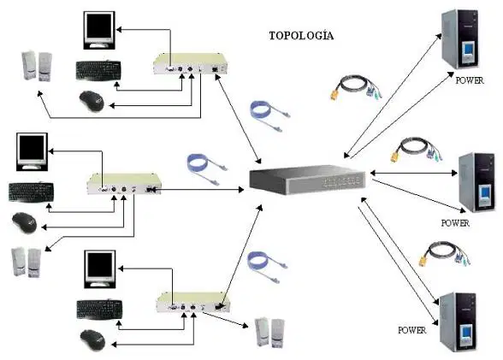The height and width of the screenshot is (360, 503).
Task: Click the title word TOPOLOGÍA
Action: coord(301,35)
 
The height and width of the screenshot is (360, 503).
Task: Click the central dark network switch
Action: coord(307,180)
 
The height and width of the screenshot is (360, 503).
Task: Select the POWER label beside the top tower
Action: coord(470,80)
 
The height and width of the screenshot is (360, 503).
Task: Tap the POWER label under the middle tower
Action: coord(455,223)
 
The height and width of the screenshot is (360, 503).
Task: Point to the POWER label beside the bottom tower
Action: coord(412,330)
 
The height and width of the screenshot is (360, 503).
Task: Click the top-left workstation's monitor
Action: coord(99,31)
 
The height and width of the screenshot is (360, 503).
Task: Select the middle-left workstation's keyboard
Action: coord(31,192)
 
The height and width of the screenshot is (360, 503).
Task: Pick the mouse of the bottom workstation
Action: coord(92,340)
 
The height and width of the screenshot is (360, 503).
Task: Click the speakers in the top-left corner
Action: coord(37,67)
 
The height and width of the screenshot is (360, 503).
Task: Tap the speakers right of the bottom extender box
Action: coord(269,333)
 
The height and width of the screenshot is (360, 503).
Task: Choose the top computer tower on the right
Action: coord(460,39)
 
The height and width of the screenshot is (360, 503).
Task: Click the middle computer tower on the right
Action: coord(476,182)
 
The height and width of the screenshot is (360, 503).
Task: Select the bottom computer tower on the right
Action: coord(459,322)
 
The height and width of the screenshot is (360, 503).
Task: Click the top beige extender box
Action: coord(190,64)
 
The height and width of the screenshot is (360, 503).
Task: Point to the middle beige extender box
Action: coord(124,184)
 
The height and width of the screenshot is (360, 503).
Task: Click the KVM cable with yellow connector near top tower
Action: coord(357,87)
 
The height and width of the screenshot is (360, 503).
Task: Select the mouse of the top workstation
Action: coord(92,101)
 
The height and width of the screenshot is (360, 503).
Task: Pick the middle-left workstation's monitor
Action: coord(33,151)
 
